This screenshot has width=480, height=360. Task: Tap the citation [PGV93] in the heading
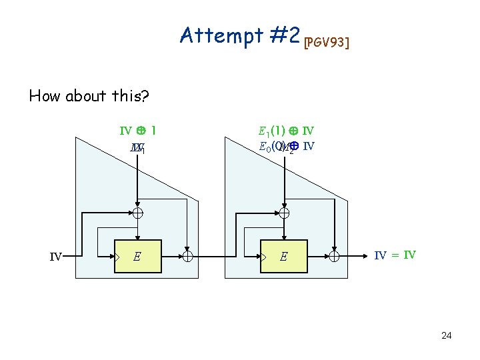[327, 43]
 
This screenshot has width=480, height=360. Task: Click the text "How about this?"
[89, 95]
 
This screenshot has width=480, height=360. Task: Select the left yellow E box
[137, 255]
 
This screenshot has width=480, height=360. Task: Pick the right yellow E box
[283, 255]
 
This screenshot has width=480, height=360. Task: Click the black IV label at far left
[56, 255]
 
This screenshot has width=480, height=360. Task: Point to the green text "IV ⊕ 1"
[137, 131]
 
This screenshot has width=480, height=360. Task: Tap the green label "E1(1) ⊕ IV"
[286, 131]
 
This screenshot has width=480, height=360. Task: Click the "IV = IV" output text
[395, 255]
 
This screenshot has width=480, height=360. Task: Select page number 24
[446, 335]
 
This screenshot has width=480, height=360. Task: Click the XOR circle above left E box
[137, 213]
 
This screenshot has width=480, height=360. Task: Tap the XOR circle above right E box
[284, 213]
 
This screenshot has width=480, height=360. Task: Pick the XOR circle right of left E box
[188, 255]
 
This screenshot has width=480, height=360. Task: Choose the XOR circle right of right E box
[335, 255]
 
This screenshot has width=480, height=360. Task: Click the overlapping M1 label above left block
[137, 147]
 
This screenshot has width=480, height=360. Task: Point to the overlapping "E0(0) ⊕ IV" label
[286, 147]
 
